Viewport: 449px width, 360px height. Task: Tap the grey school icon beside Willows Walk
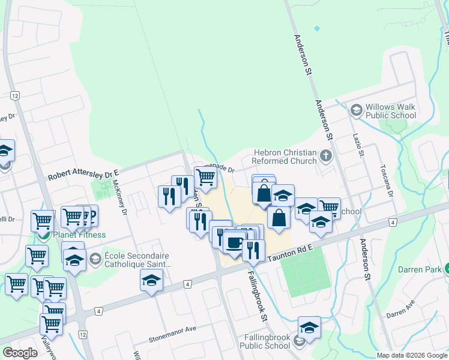coord(357,110)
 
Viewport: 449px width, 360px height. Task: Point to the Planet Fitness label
coord(79,235)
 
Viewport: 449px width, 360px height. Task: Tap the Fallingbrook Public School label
coord(265,341)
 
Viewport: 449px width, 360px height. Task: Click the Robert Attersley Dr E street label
coord(84,175)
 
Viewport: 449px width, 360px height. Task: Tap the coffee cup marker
coord(235,243)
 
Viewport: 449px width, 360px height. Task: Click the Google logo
coord(20,353)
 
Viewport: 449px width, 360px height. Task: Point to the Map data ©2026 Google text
coord(412,355)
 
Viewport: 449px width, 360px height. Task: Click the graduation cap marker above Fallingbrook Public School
coord(309,327)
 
